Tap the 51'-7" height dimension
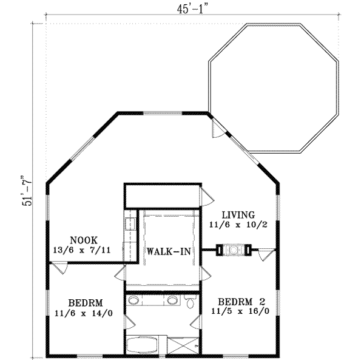point(27,188)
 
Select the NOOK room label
point(83,240)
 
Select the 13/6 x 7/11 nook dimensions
point(84,249)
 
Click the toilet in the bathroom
point(191,301)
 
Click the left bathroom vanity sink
point(135,299)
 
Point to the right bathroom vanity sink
point(173,299)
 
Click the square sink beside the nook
point(130,223)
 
